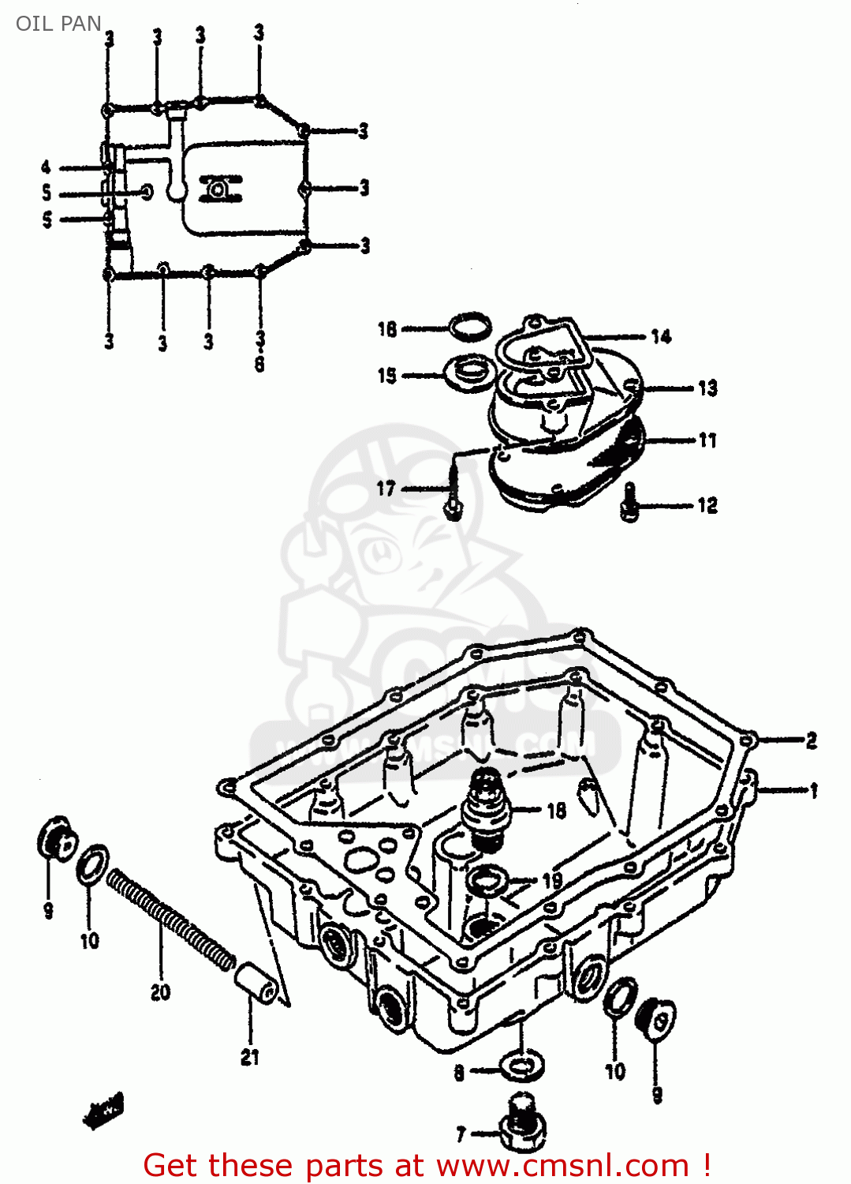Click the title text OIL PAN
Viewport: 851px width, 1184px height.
click(58, 24)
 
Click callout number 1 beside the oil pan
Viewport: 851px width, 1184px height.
click(814, 790)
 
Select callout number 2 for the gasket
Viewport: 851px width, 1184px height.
click(812, 740)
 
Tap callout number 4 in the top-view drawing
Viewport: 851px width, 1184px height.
click(46, 167)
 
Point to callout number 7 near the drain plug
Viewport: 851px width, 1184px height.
click(461, 1134)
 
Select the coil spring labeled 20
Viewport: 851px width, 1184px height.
click(170, 919)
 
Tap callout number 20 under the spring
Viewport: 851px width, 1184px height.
click(160, 992)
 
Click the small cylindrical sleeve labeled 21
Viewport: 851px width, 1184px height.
click(256, 984)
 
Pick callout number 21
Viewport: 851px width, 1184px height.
click(249, 1057)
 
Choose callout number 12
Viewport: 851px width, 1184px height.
click(707, 505)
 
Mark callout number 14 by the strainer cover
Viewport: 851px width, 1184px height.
click(661, 337)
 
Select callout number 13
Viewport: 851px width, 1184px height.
click(707, 388)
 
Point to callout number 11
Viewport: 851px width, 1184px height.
click(707, 440)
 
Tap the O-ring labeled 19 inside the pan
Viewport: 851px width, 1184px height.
click(487, 879)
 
